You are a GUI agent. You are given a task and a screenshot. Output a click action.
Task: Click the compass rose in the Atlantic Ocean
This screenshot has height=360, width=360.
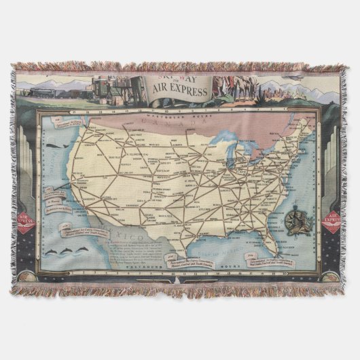click(x=296, y=224)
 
